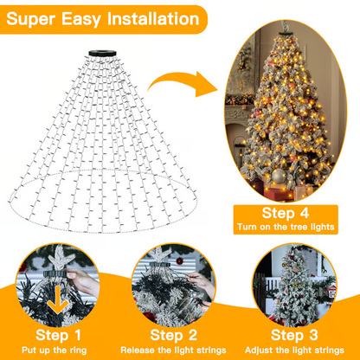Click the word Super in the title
coord(39,18)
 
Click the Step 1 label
coord(59,333)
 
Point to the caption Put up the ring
coord(59,350)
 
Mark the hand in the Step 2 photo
coord(201,280)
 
